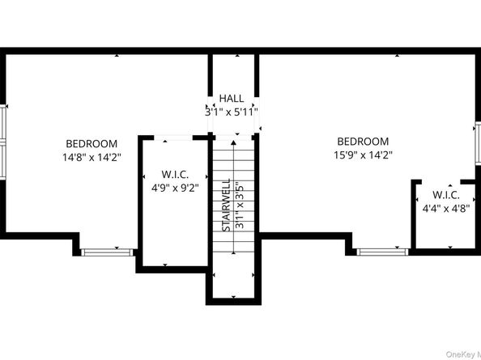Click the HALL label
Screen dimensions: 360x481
point(232,99)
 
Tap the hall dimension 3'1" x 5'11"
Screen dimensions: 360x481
point(232,112)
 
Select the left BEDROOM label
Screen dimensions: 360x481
point(92,143)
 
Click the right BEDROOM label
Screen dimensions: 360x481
point(362,141)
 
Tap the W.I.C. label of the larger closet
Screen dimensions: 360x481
point(175,175)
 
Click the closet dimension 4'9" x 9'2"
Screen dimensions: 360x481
point(175,188)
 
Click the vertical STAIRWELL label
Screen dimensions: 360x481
point(227,205)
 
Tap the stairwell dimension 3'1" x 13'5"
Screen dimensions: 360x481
point(238,205)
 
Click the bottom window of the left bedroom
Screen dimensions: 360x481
point(107,252)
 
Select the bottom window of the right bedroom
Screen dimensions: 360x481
point(382,252)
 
